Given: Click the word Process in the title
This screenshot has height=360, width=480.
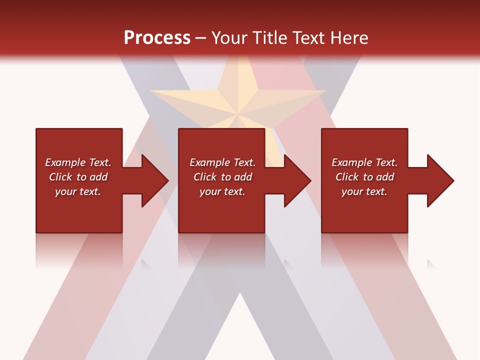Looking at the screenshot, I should pyautogui.click(x=157, y=38).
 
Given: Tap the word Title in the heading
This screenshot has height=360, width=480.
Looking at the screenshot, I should pyautogui.click(x=269, y=38).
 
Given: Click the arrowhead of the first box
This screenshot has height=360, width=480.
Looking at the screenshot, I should pyautogui.click(x=155, y=180).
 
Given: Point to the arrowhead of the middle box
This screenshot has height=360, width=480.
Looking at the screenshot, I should pyautogui.click(x=297, y=180).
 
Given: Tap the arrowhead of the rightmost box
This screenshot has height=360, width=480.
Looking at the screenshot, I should pyautogui.click(x=440, y=180).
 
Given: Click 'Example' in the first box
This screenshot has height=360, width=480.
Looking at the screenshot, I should pyautogui.click(x=65, y=162).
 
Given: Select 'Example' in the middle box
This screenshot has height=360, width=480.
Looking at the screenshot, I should pyautogui.click(x=210, y=162).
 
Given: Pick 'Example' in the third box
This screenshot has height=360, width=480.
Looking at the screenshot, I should pyautogui.click(x=352, y=162).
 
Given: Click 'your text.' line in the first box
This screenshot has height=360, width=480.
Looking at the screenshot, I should pyautogui.click(x=78, y=191).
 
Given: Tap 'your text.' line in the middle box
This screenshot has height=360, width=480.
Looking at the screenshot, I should pyautogui.click(x=222, y=191).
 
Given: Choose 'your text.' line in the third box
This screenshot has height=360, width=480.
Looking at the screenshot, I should pyautogui.click(x=364, y=191).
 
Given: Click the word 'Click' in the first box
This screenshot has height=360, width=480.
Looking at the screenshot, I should pyautogui.click(x=61, y=177).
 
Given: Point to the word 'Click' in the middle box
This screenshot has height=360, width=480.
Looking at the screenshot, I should pyautogui.click(x=205, y=177).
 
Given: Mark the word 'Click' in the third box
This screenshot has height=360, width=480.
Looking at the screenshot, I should pyautogui.click(x=347, y=177).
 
